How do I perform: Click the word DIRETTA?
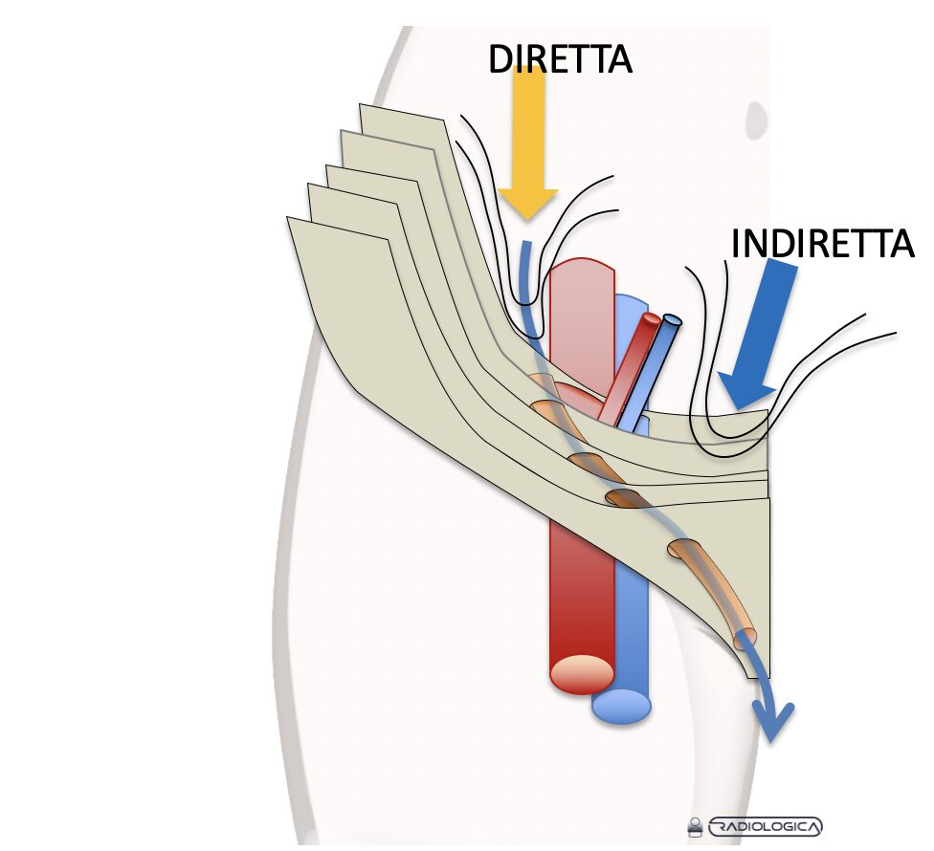pos(560,59)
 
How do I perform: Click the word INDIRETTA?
pos(822,244)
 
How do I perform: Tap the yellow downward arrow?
pos(527,143)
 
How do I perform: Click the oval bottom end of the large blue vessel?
pos(621,707)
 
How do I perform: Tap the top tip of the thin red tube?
pos(652,318)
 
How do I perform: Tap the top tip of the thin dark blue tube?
pos(672,320)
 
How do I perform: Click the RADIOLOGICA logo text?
pos(765,826)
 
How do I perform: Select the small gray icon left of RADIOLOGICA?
pos(695,827)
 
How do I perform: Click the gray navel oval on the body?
pos(757,120)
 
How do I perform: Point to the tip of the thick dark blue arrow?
pos(738,408)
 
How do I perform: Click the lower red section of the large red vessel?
pos(580,593)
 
